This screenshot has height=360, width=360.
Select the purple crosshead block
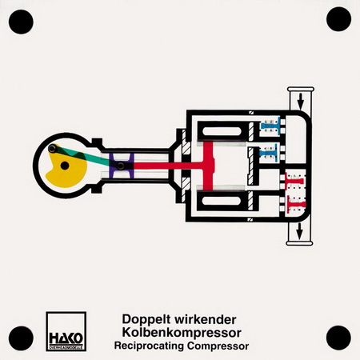tap(122, 166)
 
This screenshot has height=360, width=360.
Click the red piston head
tap(209, 166)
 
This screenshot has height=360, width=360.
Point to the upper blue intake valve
tap(270, 126)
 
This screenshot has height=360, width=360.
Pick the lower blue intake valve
tap(270, 153)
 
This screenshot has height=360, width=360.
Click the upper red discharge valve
tap(294, 182)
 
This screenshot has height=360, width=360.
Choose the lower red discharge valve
tap(296, 205)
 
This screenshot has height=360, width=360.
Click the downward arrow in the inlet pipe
tap(301, 101)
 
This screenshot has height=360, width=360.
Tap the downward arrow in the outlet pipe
tap(300, 231)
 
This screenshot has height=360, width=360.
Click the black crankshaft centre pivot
tap(65, 166)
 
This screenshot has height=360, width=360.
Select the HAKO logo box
tap(66, 331)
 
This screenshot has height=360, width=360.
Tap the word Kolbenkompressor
tap(182, 333)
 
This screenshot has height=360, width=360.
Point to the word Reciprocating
tap(149, 346)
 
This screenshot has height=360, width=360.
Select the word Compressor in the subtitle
tap(218, 346)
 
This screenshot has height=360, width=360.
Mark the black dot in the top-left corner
tap(21, 22)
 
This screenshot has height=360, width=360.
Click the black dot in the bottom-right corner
tap(338, 338)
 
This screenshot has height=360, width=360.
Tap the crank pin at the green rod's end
tap(52, 149)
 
